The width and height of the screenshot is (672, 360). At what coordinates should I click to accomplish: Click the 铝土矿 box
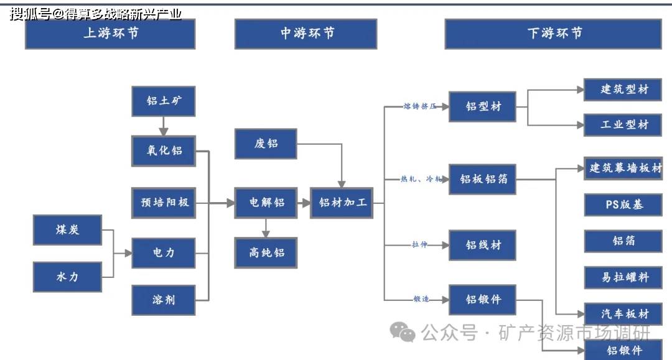[x=164, y=101]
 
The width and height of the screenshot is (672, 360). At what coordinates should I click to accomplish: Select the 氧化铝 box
[x=164, y=150]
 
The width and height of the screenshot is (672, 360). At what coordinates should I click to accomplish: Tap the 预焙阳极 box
[x=164, y=202]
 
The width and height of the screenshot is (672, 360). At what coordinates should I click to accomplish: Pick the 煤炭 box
[x=67, y=229]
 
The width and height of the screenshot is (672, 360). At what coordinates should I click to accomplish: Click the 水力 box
[x=67, y=277]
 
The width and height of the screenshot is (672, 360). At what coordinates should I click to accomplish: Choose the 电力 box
[x=164, y=253]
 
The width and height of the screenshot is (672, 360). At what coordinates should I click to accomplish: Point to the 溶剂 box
[x=164, y=300]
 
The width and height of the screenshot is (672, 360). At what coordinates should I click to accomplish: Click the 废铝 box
[x=266, y=144]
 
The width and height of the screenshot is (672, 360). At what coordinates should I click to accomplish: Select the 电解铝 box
[x=266, y=202]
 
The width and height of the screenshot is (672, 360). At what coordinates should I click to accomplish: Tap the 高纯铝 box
[x=266, y=252]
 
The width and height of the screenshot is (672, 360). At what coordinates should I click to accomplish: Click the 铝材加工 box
[x=342, y=202]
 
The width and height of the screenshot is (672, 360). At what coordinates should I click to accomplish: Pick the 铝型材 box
[x=483, y=106]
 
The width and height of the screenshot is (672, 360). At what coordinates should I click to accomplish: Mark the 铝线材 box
[x=483, y=245]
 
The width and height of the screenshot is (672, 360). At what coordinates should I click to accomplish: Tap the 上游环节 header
[x=110, y=34]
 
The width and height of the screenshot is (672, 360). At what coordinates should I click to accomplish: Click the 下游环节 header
[x=553, y=34]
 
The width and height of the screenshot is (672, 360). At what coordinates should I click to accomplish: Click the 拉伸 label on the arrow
[x=419, y=245]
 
